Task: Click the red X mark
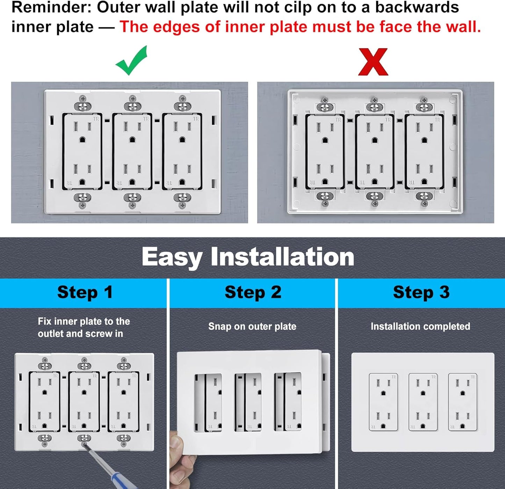373,62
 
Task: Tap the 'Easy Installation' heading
248,257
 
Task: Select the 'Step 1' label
85,292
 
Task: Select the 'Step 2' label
253,292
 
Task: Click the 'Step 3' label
421,292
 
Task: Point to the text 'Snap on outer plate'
252,327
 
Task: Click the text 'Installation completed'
420,327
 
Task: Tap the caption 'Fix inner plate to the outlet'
84,321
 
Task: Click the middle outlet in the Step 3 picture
423,402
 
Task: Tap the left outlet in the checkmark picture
82,152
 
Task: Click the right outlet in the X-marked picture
424,152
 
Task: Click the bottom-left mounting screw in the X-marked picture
325,199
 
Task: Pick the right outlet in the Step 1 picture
123,402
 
